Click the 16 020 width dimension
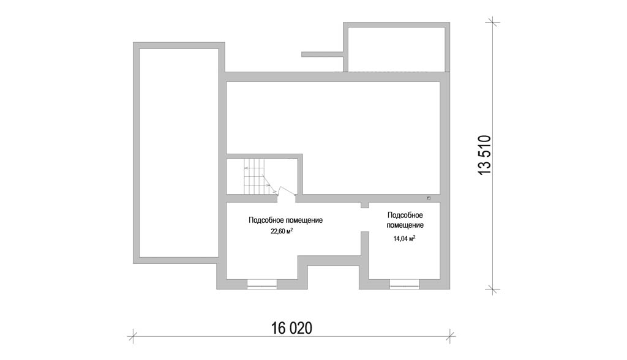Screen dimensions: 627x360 [291, 328]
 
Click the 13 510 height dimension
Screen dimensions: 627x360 [484, 155]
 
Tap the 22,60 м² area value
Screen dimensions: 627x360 [282, 231]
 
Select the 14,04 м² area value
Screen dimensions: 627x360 [404, 239]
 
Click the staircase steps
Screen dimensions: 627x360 [254, 176]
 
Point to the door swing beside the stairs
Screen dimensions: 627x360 [286, 191]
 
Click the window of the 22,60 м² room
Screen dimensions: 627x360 [262, 284]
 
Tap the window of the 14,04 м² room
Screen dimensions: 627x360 [404, 284]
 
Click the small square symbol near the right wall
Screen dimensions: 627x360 [429, 198]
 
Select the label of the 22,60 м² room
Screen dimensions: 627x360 [285, 220]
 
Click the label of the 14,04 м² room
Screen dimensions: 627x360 [405, 220]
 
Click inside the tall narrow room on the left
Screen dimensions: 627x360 [179, 152]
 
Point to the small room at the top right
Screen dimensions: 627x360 [397, 49]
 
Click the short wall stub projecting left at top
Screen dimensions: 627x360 [322, 54]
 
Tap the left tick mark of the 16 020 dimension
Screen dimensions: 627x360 [133, 336]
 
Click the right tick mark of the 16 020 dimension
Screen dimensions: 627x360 [451, 336]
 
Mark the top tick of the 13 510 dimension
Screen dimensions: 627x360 [492, 21]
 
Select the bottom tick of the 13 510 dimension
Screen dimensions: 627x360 [492, 289]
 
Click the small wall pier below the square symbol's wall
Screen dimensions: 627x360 [364, 205]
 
